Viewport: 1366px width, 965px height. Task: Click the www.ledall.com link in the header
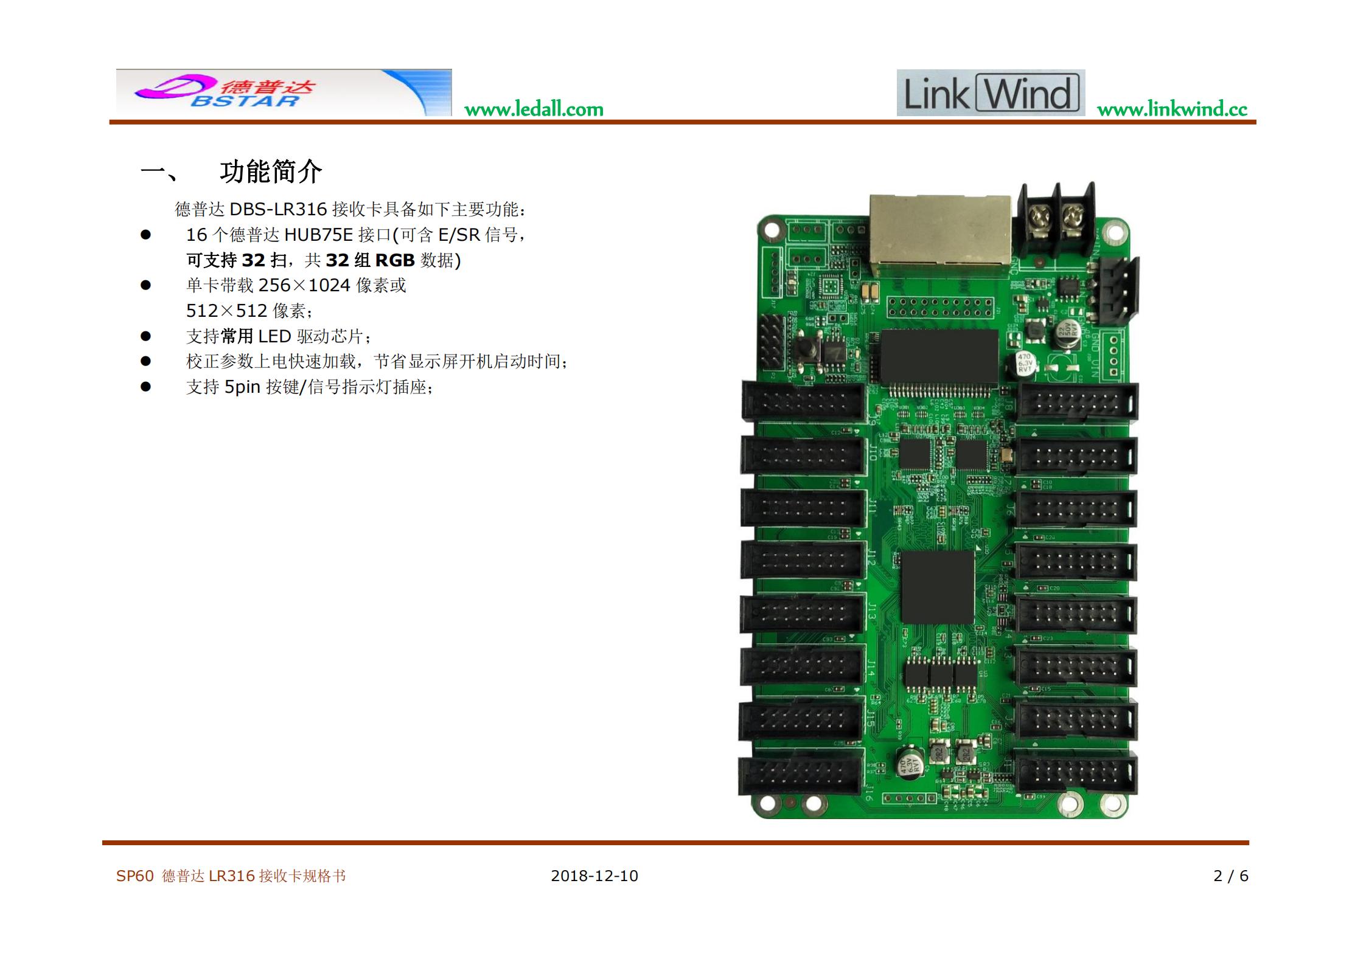coord(534,109)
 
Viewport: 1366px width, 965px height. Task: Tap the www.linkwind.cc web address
coord(1172,109)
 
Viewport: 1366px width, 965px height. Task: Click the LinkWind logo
coord(991,92)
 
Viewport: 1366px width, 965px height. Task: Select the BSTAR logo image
coord(284,92)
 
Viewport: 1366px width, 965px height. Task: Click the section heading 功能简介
coord(271,172)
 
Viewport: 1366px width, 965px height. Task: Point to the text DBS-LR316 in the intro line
coord(278,209)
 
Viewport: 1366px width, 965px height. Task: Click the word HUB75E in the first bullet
coord(318,235)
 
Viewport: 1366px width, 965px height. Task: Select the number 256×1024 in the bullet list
coord(304,285)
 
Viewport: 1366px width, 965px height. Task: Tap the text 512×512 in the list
coord(226,311)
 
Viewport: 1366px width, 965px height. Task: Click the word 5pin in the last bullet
coord(242,387)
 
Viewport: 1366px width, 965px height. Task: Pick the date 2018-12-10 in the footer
coord(594,876)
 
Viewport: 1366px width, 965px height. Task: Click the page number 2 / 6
coord(1231,876)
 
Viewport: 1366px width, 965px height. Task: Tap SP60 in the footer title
coord(135,876)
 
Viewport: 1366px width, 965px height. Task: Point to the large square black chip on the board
coord(938,587)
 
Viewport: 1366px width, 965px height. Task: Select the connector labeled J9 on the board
coord(803,401)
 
